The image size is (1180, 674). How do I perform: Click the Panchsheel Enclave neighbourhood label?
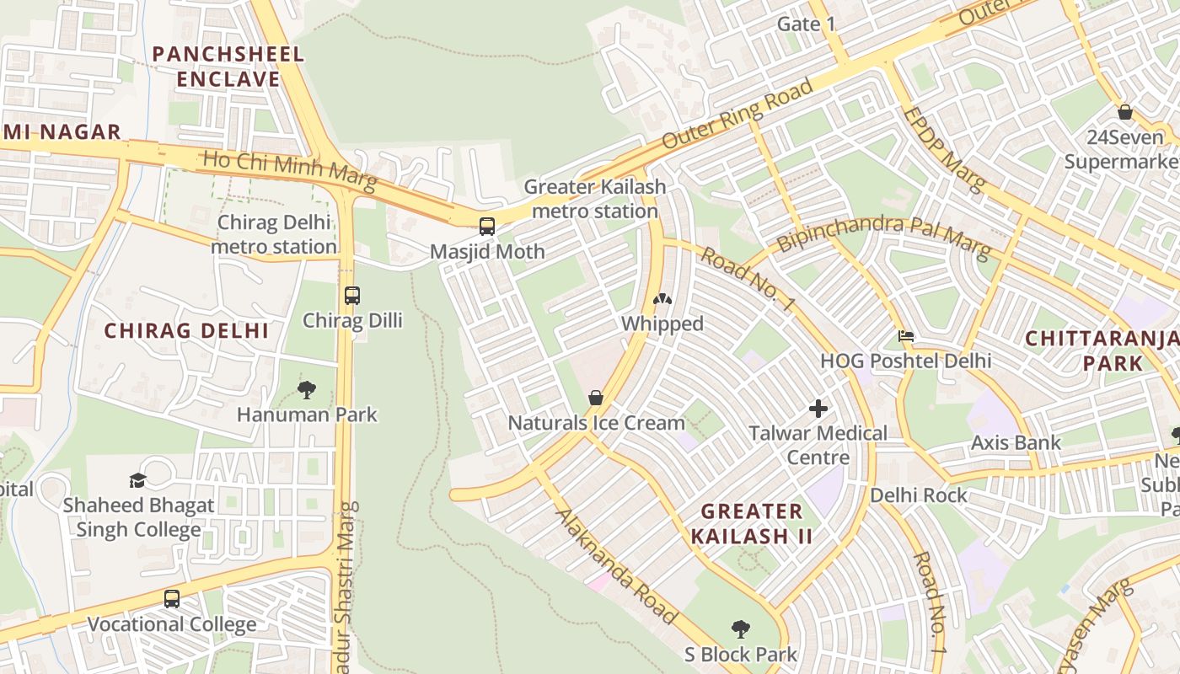click(228, 67)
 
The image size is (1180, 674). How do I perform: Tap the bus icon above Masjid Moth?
click(487, 226)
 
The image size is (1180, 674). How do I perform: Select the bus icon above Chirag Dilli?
click(352, 296)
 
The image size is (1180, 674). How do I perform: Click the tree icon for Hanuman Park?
click(307, 389)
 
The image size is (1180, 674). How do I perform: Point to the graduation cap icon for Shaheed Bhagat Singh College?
click(137, 480)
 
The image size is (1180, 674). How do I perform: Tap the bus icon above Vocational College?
click(172, 599)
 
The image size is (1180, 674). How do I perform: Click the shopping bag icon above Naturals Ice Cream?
click(596, 397)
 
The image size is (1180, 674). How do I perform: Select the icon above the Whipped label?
click(662, 298)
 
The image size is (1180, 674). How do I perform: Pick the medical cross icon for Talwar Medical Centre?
click(818, 409)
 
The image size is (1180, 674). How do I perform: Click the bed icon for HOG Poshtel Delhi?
click(906, 336)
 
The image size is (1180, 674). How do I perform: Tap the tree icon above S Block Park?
click(741, 629)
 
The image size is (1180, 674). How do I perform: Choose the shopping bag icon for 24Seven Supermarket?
click(1125, 112)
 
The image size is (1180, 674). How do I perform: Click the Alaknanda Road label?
click(616, 565)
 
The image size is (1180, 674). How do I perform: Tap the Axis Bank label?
click(1016, 442)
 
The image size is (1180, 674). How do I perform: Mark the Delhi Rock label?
click(919, 495)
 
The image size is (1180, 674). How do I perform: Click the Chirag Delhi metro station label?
click(274, 234)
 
